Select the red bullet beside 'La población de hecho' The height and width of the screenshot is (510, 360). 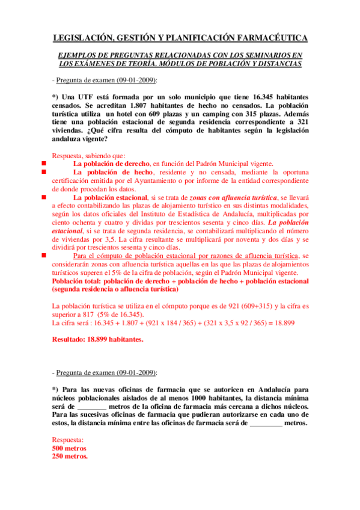[x=44, y=171]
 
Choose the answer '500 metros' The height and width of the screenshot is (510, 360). [x=69, y=448]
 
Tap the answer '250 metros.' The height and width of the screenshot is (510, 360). [x=70, y=456]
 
